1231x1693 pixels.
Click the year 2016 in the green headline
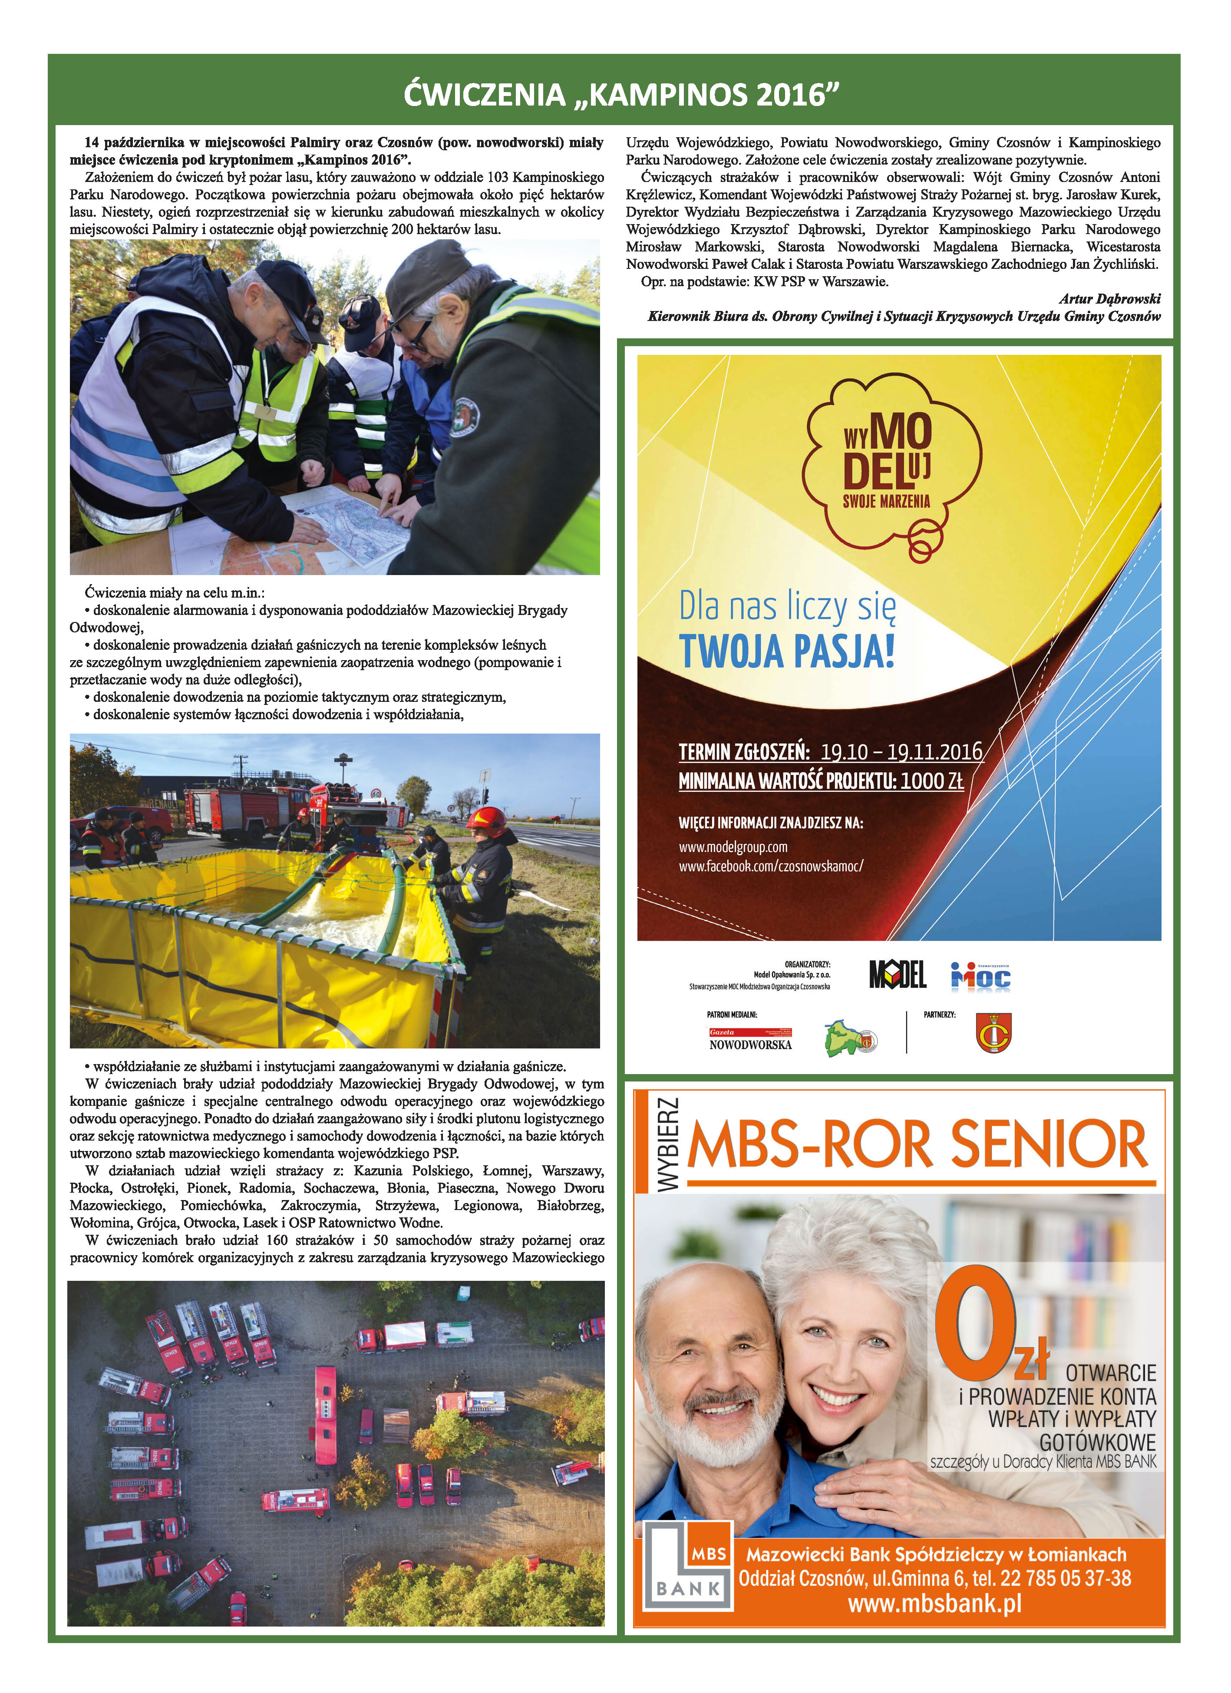pos(792,95)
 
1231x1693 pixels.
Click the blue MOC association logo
pos(980,976)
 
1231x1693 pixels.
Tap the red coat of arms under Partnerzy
pos(994,1033)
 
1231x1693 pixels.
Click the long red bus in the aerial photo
pos(325,1415)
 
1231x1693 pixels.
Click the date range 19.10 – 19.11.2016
pos(901,752)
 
